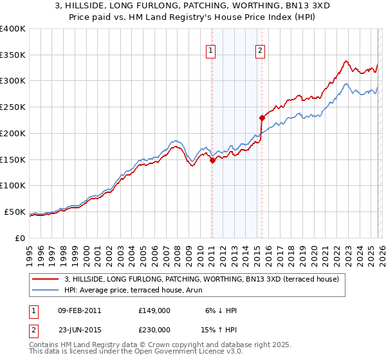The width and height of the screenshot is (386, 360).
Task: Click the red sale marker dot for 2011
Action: point(212,161)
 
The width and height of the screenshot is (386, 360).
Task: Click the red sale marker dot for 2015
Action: point(262,118)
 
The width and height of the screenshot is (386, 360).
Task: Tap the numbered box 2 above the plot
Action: point(260,52)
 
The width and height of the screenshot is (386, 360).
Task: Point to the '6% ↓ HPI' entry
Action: point(220,310)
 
